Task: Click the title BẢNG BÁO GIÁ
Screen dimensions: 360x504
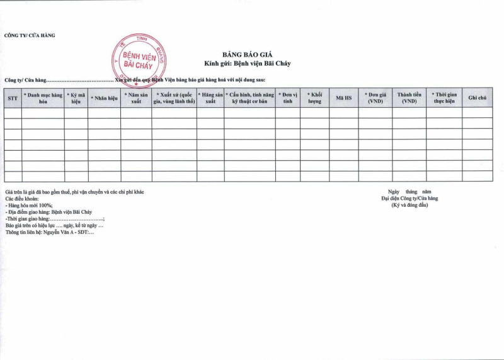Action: (246, 55)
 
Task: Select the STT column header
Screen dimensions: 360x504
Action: (13, 98)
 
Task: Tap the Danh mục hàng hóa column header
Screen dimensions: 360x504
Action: (43, 98)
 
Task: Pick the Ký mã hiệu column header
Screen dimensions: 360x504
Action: (76, 98)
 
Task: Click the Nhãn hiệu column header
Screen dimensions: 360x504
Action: (104, 98)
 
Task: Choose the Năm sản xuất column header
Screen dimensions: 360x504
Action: (136, 98)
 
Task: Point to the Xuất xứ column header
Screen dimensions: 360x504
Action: (174, 98)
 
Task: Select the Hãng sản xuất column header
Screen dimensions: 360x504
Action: (210, 98)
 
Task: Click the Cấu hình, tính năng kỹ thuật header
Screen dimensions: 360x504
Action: (249, 98)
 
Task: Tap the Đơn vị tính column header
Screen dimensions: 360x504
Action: (288, 98)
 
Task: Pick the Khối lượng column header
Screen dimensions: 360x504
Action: (314, 98)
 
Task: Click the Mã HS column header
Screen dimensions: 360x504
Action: (343, 98)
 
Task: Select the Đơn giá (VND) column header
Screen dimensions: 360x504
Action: (375, 98)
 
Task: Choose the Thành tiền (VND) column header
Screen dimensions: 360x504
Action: (409, 98)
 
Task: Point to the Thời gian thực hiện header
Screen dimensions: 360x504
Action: (444, 98)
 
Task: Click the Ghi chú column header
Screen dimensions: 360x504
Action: (477, 98)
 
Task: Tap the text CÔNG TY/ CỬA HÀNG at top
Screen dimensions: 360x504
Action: (30, 35)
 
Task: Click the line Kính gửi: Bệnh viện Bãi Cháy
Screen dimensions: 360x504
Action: (247, 64)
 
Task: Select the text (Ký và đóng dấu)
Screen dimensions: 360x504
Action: (409, 205)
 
